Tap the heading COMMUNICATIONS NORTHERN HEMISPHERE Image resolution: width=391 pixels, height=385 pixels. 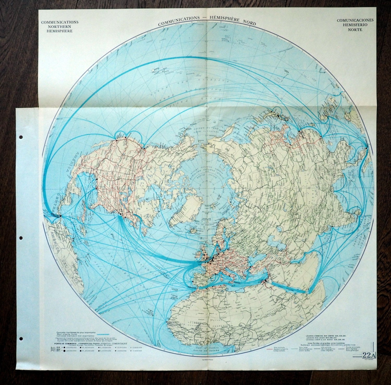point(60,26)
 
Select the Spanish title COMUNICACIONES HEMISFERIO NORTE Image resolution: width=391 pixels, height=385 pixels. point(355,25)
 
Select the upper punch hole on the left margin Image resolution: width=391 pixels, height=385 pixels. point(21,137)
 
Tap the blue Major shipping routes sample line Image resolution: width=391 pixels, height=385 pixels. point(102,334)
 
